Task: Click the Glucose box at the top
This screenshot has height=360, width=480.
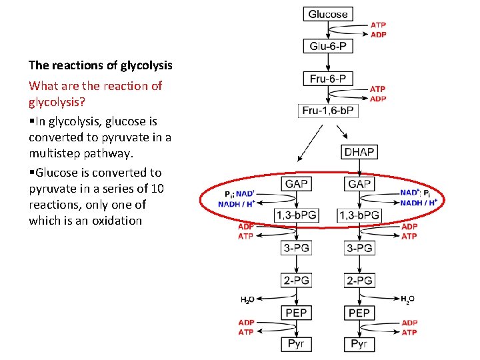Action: [327, 14]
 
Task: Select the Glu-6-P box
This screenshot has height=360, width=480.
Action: [327, 46]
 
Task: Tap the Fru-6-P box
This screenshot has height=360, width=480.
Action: [327, 79]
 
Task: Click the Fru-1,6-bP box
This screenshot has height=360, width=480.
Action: [327, 111]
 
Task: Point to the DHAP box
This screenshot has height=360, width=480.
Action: [359, 152]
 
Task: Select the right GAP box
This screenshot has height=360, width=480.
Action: [359, 183]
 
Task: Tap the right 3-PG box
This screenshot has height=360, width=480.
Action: [359, 248]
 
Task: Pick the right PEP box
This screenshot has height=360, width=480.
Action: [359, 313]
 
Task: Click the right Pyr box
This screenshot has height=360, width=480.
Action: [359, 344]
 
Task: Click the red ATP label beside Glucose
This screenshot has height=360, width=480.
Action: [378, 25]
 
